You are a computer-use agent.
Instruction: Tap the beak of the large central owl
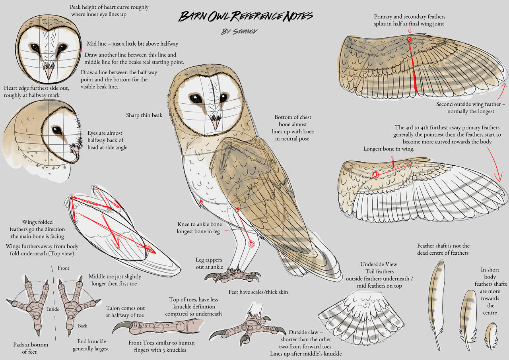click(x=215, y=123)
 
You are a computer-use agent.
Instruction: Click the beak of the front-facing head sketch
click(x=49, y=73)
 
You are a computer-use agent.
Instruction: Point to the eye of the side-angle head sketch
click(x=57, y=130)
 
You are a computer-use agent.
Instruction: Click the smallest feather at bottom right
click(x=491, y=335)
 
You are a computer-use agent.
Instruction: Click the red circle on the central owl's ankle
click(x=251, y=244)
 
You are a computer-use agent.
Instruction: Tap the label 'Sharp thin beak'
click(x=144, y=115)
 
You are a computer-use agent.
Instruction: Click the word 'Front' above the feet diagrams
click(x=63, y=268)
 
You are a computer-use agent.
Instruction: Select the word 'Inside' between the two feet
click(x=53, y=309)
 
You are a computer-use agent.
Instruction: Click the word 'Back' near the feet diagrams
click(x=82, y=326)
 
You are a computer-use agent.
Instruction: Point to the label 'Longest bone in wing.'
click(x=389, y=149)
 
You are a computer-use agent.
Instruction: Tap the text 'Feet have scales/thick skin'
click(x=258, y=292)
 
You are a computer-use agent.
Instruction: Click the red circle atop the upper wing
click(x=409, y=39)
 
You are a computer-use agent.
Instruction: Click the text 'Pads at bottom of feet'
click(x=31, y=348)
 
